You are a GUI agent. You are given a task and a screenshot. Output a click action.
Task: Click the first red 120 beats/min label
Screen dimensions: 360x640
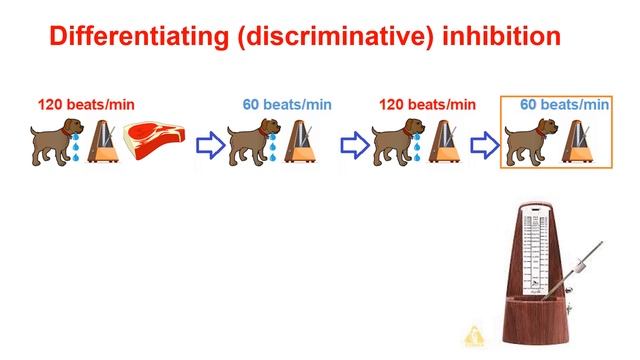(86, 104)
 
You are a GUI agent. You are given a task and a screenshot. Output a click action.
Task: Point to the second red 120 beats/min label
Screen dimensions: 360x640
(427, 104)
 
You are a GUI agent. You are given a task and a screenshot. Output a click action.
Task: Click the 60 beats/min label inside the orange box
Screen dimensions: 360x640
(564, 104)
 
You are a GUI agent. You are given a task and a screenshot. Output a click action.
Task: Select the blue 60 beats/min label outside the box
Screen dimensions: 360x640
(288, 104)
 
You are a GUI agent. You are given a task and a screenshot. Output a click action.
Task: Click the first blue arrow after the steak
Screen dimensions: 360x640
(209, 146)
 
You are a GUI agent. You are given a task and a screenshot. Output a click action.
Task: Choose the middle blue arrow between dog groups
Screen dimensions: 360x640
(355, 146)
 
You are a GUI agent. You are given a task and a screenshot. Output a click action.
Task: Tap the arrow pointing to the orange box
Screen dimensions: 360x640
(483, 146)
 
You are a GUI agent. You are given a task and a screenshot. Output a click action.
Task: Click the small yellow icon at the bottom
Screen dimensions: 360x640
(473, 334)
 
